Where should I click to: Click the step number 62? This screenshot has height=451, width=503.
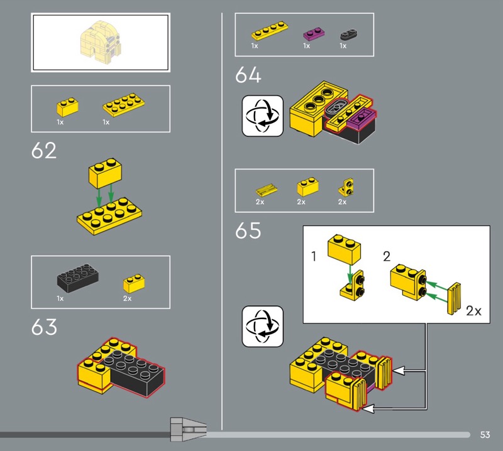43,151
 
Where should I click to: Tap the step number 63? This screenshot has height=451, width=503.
44,327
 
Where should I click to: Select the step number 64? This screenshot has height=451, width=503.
248,75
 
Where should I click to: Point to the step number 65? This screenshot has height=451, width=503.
248,231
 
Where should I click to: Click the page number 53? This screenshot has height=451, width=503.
485,435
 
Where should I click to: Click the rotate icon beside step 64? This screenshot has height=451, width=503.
262,116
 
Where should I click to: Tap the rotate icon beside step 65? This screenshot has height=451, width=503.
262,326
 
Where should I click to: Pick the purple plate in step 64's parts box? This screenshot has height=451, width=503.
314,34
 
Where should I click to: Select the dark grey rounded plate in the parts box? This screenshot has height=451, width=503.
349,35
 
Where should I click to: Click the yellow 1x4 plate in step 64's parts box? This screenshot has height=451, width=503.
270,31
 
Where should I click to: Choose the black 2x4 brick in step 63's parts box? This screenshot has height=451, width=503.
77,278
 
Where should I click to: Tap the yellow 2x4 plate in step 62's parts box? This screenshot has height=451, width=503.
123,104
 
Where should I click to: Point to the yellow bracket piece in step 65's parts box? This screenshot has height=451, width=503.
346,187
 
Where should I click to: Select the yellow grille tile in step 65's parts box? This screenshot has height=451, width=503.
267,190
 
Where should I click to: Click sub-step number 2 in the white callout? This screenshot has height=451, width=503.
387,256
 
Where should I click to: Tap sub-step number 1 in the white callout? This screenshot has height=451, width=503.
314,256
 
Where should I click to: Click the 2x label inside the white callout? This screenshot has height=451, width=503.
473,311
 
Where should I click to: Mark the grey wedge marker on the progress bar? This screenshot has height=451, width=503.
188,430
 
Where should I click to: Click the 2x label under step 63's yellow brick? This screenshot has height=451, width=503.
128,298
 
